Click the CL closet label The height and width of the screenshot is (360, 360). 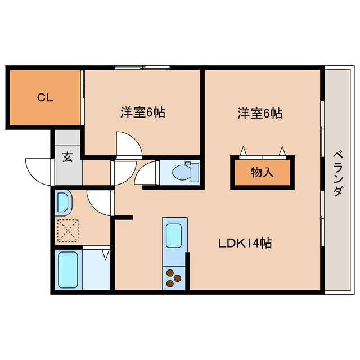tap(45, 97)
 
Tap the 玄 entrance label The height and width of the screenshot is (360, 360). tap(67, 157)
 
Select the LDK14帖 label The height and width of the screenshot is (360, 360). tap(246, 243)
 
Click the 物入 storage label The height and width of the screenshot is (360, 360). tap(262, 173)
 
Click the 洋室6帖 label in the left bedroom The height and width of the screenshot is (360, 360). tap(142, 112)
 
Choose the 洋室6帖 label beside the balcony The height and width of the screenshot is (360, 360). tap(259, 113)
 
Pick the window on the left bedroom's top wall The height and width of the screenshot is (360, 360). tap(142, 68)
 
